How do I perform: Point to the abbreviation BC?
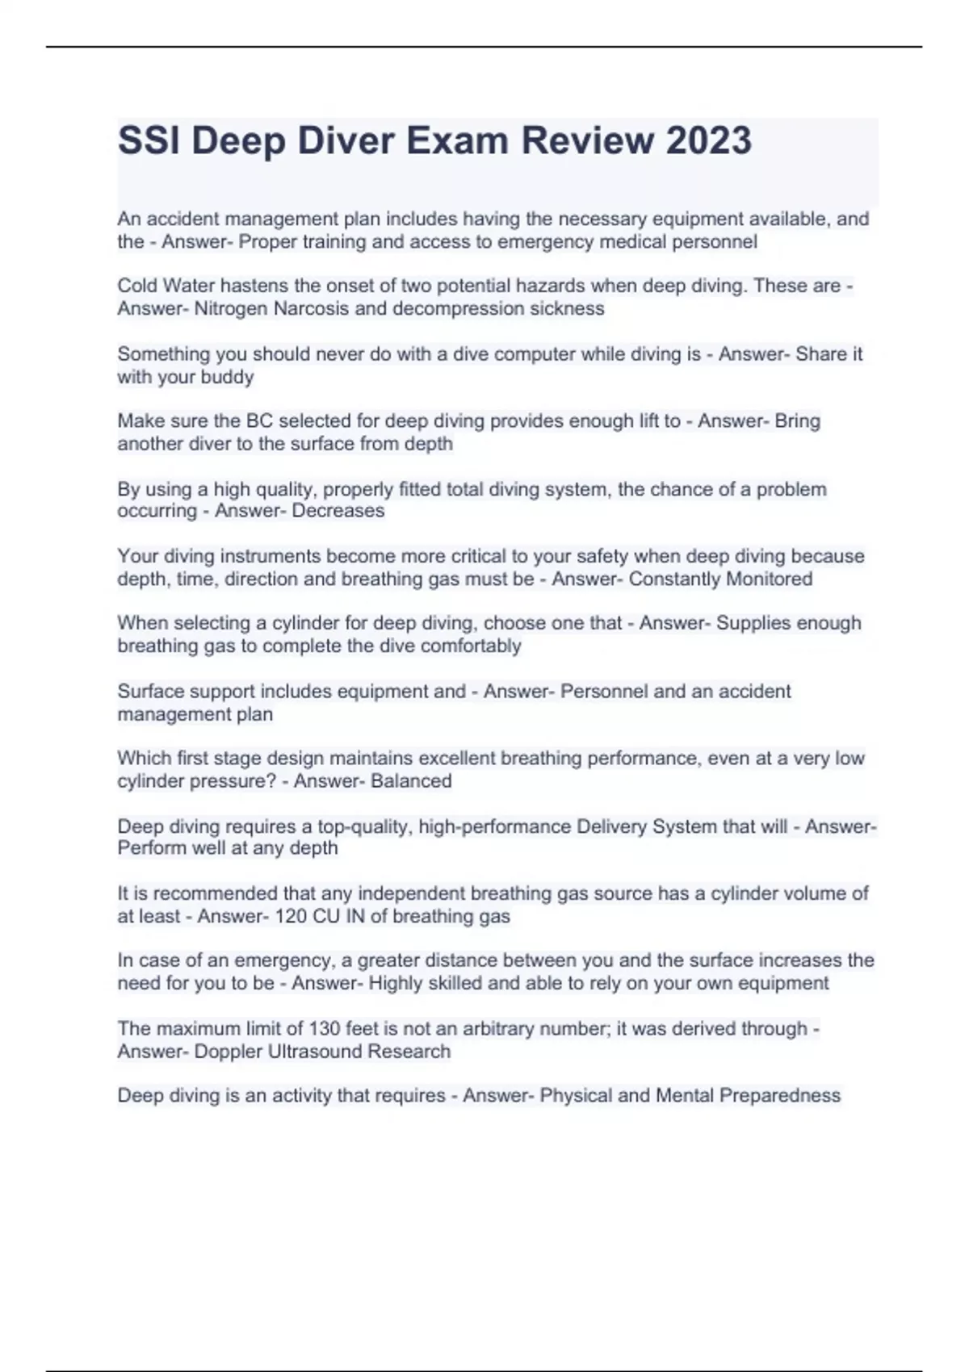tap(259, 420)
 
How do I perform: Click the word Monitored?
tap(768, 579)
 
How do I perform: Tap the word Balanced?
tap(411, 780)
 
